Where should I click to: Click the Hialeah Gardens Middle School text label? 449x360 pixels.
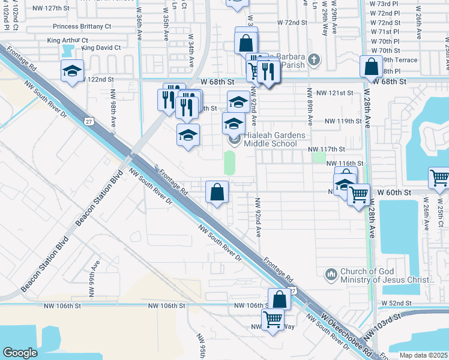[x=270, y=140]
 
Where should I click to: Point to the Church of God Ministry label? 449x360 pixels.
[x=387, y=275]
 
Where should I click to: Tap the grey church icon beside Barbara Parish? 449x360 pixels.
[x=315, y=59]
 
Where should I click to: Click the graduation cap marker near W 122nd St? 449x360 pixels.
[x=72, y=71]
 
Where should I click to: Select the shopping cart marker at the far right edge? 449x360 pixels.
[x=439, y=178]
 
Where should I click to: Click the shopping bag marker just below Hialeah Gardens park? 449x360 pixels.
[x=217, y=193]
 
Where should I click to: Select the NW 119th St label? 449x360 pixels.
[x=343, y=121]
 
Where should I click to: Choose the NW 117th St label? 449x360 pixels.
[x=326, y=149]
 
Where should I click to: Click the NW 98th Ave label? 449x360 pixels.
[x=113, y=114]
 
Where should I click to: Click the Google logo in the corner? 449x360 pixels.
[x=20, y=353]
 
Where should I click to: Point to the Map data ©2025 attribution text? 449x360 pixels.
[x=424, y=355]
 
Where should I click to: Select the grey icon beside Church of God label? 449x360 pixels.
[x=331, y=275]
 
